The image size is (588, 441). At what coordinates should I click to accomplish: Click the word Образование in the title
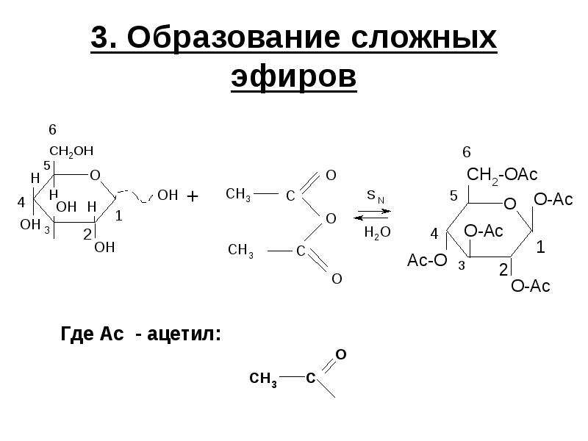tap(234, 38)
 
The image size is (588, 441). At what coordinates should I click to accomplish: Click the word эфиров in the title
tap(293, 78)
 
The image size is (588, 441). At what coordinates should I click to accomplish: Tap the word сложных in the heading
tap(424, 38)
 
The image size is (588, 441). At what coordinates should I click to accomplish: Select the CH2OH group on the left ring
tap(71, 151)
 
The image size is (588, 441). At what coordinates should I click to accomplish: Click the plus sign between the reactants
tap(192, 196)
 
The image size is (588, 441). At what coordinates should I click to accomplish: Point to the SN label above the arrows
tap(376, 196)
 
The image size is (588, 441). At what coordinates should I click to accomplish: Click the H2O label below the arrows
tap(377, 232)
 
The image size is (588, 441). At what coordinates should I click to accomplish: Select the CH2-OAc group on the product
tap(502, 175)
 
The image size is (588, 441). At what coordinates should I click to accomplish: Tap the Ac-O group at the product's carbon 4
tap(427, 260)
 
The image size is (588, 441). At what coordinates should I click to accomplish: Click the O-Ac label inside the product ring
tap(484, 231)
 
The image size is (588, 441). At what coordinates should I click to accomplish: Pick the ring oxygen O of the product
tap(510, 204)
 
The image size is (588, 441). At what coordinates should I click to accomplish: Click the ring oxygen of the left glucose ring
tap(96, 175)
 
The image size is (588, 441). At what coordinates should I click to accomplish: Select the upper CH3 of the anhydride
tap(238, 195)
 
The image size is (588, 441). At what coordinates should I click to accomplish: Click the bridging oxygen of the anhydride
tap(331, 218)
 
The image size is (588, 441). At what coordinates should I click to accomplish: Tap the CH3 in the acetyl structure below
tap(263, 379)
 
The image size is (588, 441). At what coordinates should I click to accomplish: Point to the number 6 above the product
tap(467, 152)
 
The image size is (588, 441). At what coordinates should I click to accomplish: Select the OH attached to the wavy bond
tap(168, 196)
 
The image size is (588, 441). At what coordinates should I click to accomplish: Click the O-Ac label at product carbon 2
tap(530, 286)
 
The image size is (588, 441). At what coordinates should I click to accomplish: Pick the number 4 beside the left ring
tap(21, 203)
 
